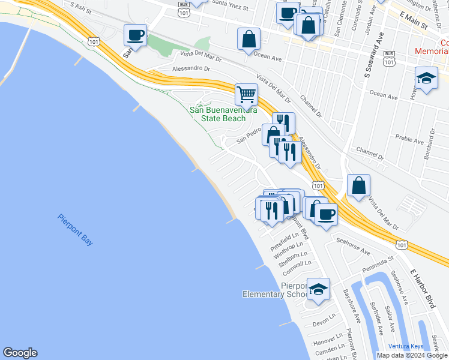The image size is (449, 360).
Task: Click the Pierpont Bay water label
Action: point(75,229)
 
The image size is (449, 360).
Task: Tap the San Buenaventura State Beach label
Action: point(223,114)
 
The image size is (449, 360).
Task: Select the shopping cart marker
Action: point(246,94)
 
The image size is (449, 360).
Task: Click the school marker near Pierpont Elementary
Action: point(318,289)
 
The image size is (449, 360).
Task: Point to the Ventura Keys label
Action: point(405,346)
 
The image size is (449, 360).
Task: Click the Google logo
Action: point(20,353)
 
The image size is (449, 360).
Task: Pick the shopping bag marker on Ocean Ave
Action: point(249,39)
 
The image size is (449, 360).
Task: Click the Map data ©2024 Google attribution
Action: point(411,355)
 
